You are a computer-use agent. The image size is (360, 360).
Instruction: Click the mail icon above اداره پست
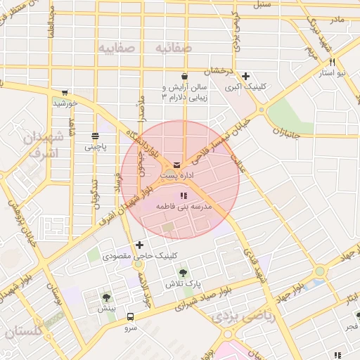coord(176,165)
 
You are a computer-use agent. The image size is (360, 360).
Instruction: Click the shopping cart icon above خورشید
coord(65,92)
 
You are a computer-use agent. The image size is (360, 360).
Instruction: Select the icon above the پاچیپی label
coord(95,136)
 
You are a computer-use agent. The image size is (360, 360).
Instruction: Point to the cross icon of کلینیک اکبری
coord(245,77)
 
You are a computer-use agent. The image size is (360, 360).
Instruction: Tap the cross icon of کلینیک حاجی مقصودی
coord(139,245)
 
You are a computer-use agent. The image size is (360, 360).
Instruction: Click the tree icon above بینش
coord(106,297)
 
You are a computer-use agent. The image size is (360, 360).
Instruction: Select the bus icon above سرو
coord(130,316)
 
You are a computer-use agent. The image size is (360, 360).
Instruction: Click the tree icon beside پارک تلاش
coord(184,273)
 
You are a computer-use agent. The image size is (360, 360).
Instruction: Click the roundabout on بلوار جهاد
coord(320,271)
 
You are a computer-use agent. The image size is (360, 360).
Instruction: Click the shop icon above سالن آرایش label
coord(184,77)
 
